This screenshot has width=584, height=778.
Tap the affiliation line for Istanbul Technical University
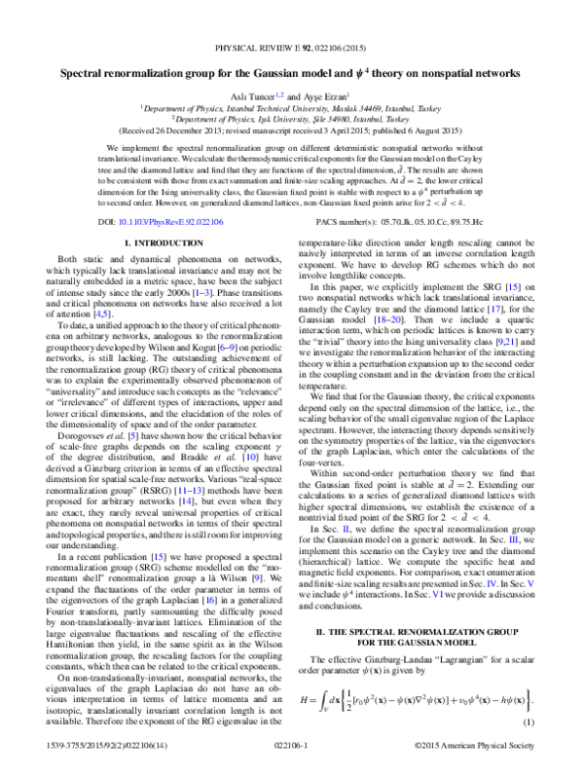click(x=292, y=107)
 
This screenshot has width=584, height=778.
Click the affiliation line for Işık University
click(x=292, y=118)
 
